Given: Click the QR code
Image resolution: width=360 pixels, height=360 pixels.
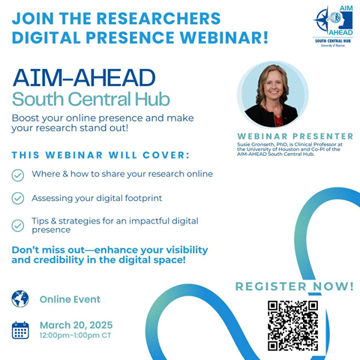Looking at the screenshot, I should pyautogui.click(x=292, y=325).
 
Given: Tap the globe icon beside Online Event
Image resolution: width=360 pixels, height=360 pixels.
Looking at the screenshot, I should pyautogui.click(x=20, y=298).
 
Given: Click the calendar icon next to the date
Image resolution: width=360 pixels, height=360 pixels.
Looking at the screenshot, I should pyautogui.click(x=20, y=329).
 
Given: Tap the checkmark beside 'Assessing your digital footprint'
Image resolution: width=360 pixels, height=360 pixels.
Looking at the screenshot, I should pyautogui.click(x=17, y=199).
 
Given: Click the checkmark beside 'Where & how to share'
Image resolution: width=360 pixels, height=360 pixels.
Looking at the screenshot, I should pyautogui.click(x=17, y=174).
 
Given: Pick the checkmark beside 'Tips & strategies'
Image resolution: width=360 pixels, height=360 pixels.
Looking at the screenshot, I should pyautogui.click(x=17, y=224).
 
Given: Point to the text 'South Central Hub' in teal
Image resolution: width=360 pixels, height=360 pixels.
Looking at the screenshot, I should pyautogui.click(x=90, y=99).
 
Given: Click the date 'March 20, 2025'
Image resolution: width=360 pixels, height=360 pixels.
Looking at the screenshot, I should pyautogui.click(x=76, y=325).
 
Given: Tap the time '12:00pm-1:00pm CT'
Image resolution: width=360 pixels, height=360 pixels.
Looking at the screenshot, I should pyautogui.click(x=76, y=336).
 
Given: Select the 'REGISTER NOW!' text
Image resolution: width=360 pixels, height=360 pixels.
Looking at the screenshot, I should pyautogui.click(x=294, y=286).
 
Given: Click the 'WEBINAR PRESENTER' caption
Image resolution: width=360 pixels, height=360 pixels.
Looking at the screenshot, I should pyautogui.click(x=294, y=136).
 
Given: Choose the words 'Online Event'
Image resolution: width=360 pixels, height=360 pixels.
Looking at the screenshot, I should pyautogui.click(x=70, y=299).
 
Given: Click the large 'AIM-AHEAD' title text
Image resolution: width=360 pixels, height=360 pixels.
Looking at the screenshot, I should pyautogui.click(x=84, y=77).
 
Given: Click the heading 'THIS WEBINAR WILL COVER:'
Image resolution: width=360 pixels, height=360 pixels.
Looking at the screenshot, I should pyautogui.click(x=100, y=155).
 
